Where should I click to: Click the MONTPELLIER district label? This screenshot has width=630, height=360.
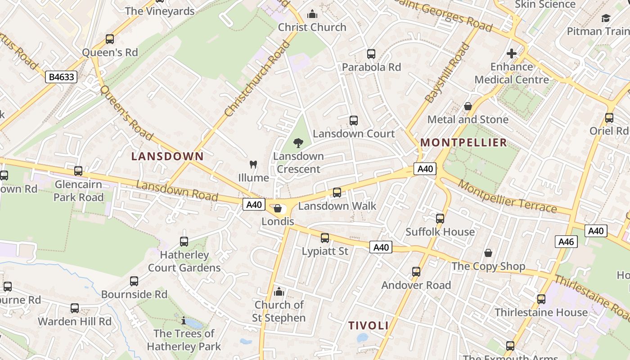coord(463,143)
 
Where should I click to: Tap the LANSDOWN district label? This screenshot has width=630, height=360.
coord(167,157)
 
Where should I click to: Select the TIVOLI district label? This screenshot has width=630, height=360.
coord(368,325)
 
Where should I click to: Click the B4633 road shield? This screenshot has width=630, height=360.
coord(61,77)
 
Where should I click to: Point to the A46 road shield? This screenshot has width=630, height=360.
coord(566,242)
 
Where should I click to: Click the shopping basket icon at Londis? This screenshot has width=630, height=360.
coord(278,209)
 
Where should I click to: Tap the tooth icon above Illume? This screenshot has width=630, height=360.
coord(253,165)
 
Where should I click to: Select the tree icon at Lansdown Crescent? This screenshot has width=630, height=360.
coord(298,143)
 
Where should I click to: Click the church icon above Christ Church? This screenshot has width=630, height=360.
coord(312,14)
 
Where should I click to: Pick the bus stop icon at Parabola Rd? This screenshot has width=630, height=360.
coord(371,54)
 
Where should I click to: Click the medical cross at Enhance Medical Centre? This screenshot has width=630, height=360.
coord(511,54)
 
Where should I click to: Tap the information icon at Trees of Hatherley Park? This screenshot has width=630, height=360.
coord(184,320)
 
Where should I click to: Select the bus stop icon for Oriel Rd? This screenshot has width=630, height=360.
coord(609,118)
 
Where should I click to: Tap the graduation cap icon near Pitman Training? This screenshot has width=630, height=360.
coord(606,18)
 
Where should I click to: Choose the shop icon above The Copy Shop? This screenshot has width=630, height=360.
coord(488,253)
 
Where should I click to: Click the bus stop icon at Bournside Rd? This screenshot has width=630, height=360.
coord(134,281)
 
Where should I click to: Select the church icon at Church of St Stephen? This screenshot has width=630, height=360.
coord(279,292)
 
